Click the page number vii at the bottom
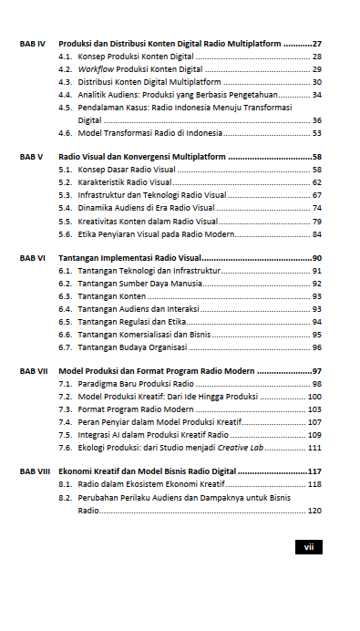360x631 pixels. tap(308, 546)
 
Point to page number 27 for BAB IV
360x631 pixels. tap(316, 44)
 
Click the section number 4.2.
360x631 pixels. tap(66, 69)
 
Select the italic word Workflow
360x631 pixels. tap(96, 69)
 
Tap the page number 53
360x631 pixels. tap(316, 132)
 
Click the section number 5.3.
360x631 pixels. tap(66, 195)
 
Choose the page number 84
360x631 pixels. tap(316, 233)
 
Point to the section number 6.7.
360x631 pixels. tap(66, 347)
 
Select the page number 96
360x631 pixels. tap(316, 347)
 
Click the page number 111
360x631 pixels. tap(314, 447)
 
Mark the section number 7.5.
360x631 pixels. tap(66, 434)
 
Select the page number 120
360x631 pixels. tap(314, 511)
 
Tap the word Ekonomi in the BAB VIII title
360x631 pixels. tap(76, 471)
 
